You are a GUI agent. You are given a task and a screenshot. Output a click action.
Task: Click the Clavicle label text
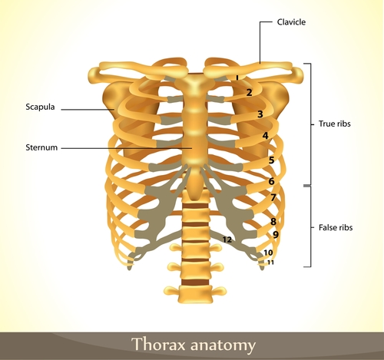pyautogui.click(x=291, y=22)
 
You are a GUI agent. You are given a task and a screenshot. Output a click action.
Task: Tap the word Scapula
pyautogui.click(x=40, y=107)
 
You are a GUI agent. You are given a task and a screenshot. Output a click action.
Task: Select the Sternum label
pyautogui.click(x=41, y=147)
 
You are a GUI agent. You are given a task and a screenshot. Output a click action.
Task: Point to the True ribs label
pyautogui.click(x=334, y=124)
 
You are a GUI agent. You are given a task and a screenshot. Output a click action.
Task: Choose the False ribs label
pyautogui.click(x=336, y=227)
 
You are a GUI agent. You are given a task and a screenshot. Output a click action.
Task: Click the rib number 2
pyautogui.click(x=249, y=92)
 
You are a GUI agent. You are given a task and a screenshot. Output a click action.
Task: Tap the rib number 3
pyautogui.click(x=260, y=114)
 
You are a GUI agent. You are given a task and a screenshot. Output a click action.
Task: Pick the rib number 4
pyautogui.click(x=266, y=136)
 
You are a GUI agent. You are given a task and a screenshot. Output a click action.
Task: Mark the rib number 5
pyautogui.click(x=271, y=160)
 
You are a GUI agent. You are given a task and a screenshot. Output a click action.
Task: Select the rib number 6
pyautogui.click(x=271, y=181)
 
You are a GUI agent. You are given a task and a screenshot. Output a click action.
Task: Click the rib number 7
pyautogui.click(x=273, y=197)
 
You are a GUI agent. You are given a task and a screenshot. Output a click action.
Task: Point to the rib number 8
pyautogui.click(x=273, y=222)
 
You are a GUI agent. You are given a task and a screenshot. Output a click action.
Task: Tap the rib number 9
pyautogui.click(x=276, y=235)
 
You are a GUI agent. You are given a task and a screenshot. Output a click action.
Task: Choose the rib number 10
pyautogui.click(x=268, y=253)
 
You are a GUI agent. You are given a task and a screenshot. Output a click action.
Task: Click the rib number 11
pyautogui.click(x=270, y=263)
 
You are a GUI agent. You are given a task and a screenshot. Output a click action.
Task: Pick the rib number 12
pyautogui.click(x=227, y=239)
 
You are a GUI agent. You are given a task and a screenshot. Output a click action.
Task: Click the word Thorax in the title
pyautogui.click(x=158, y=344)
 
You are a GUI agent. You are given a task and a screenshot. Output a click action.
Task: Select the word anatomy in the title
pyautogui.click(x=223, y=345)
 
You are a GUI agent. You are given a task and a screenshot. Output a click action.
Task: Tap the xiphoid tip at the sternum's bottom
pyautogui.click(x=195, y=197)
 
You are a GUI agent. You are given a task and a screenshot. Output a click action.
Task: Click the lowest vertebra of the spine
pyautogui.click(x=195, y=294)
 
